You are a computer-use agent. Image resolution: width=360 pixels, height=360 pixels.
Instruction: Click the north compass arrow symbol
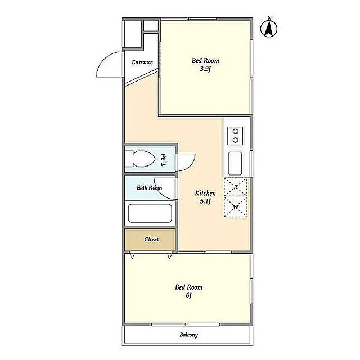tap(269, 29)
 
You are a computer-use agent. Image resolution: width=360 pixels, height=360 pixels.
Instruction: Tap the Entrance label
tap(142, 62)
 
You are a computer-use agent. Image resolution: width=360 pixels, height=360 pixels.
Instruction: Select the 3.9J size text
tap(205, 69)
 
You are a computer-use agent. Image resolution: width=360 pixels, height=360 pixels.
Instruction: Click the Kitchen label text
tap(205, 193)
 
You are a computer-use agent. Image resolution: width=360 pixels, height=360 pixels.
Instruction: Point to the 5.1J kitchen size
tap(205, 201)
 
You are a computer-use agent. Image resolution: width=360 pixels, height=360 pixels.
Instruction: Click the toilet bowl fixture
tap(140, 159)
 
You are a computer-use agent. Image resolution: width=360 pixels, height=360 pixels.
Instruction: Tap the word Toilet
tap(164, 160)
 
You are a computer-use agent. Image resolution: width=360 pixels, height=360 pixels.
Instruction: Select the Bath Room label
tap(149, 187)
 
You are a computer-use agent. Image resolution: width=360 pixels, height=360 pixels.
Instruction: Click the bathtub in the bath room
tap(150, 213)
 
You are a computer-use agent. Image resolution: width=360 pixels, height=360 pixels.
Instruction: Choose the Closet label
tap(151, 239)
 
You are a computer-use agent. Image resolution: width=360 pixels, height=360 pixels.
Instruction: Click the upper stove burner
tap(235, 131)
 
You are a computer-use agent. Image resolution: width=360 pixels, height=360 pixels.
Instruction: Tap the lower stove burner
tap(235, 140)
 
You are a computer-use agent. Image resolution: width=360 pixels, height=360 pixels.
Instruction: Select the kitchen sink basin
tap(235, 164)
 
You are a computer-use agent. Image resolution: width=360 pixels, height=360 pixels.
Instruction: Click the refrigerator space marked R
tap(236, 187)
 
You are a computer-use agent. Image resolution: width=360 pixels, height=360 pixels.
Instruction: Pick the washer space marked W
tap(236, 207)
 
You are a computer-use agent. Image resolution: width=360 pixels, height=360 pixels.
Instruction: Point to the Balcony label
tap(189, 335)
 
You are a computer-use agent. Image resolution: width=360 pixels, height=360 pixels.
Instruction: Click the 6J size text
tap(189, 295)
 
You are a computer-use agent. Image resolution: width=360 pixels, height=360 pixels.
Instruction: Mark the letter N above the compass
tap(270, 17)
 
